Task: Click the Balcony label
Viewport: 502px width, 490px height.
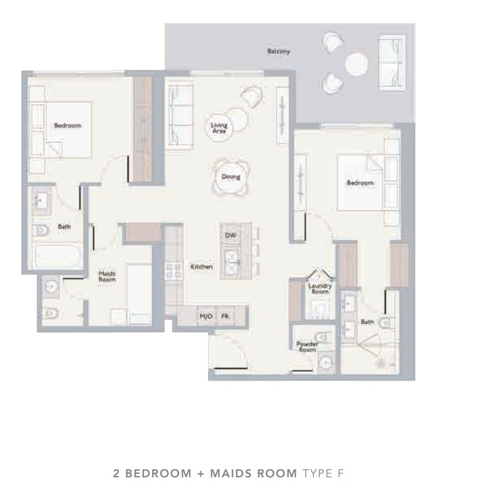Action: (279, 51)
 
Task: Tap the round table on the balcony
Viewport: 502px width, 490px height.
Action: (356, 64)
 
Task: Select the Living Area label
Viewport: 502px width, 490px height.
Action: (219, 127)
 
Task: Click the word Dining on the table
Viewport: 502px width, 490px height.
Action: (231, 176)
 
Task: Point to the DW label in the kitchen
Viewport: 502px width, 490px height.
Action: (230, 236)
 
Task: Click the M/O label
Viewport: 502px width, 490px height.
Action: (206, 316)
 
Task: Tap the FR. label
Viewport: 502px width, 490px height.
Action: (226, 316)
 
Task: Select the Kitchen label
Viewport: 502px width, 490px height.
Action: (202, 267)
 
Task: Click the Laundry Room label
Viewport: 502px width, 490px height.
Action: (320, 288)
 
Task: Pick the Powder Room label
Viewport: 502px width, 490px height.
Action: (307, 347)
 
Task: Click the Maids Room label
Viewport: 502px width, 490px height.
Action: (107, 277)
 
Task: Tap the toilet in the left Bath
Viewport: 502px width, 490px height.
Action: (40, 230)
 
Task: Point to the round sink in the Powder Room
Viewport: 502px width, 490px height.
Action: (325, 363)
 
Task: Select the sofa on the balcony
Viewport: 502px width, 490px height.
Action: (392, 62)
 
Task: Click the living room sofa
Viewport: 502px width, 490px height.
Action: (180, 116)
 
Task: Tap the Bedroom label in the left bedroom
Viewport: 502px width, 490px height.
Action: (68, 126)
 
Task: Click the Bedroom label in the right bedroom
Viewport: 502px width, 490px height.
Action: (360, 183)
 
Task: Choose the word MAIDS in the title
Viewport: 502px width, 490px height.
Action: (230, 473)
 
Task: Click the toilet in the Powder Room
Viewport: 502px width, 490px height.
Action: (323, 337)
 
